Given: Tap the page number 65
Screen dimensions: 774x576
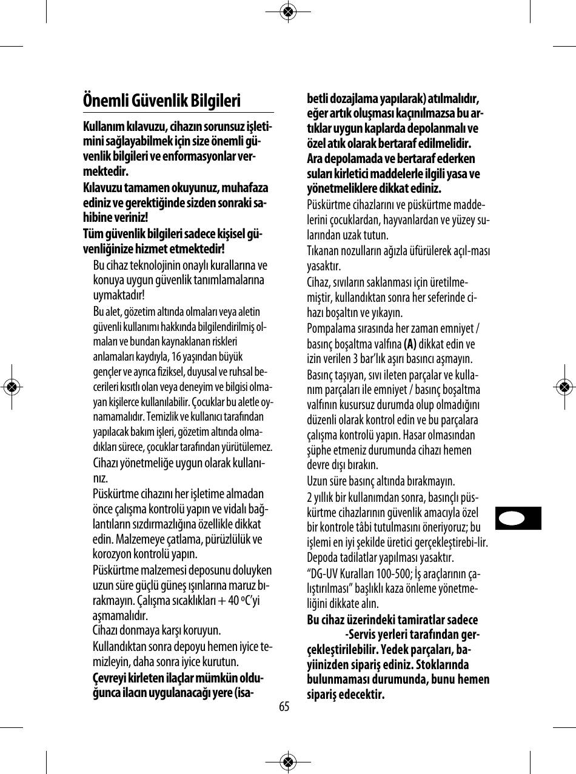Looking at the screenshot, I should (284, 707).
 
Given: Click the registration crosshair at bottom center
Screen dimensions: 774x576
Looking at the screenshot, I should (289, 762).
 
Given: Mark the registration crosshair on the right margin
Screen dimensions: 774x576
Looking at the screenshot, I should (564, 386).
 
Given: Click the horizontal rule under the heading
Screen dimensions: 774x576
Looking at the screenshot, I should (178, 112).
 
